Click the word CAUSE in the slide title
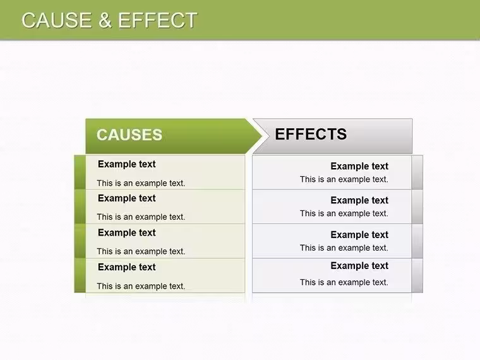point(57,20)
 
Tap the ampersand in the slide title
point(105,20)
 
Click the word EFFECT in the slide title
point(158,20)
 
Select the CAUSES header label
point(129,135)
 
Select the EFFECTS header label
point(311,134)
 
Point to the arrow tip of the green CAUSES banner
point(262,136)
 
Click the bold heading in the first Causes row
point(127,164)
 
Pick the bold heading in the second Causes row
point(127,198)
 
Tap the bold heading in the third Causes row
point(127,232)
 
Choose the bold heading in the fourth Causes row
point(127,267)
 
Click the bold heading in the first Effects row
point(359,166)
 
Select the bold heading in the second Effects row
point(359,200)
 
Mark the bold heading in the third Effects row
point(359,235)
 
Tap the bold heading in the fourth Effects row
point(359,266)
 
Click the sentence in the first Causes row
point(141,183)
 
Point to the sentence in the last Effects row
point(344,282)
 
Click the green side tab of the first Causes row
point(80,172)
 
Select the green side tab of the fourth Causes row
point(80,275)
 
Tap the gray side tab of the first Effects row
point(417,172)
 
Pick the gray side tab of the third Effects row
point(417,241)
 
